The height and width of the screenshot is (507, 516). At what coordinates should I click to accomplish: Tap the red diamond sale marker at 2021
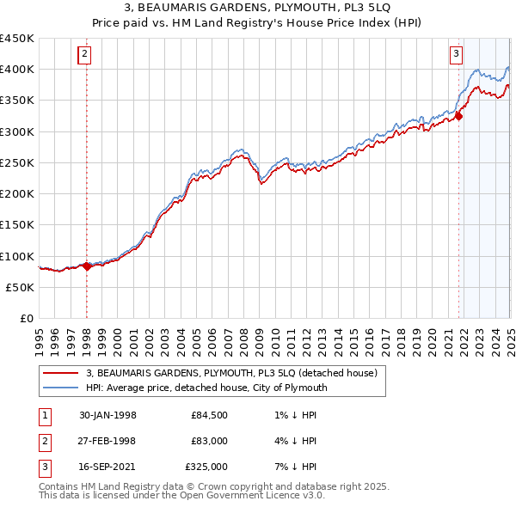[458, 116]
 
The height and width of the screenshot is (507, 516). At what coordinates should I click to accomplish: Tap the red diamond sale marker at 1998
[87, 266]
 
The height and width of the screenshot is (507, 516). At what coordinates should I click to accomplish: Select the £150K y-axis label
[17, 225]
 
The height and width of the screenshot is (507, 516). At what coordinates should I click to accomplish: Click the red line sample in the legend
[59, 374]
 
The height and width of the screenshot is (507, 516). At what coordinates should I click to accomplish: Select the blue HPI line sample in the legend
[59, 388]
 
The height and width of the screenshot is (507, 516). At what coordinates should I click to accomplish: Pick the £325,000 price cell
[206, 468]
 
